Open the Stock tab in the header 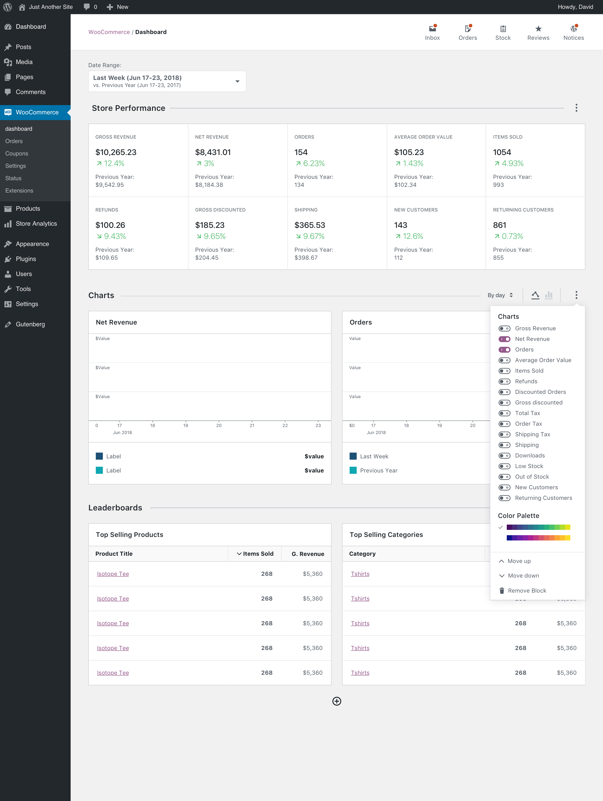pos(503,33)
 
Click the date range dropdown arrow pos(237,81)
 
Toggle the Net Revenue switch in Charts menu pos(504,339)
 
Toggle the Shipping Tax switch pos(504,435)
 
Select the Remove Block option pos(527,591)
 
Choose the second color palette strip pos(538,538)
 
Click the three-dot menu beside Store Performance pos(576,108)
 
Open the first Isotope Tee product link pos(113,574)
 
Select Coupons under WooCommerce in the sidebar pos(17,153)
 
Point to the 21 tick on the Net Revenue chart pos(252,425)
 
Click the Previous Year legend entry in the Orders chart pos(378,470)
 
